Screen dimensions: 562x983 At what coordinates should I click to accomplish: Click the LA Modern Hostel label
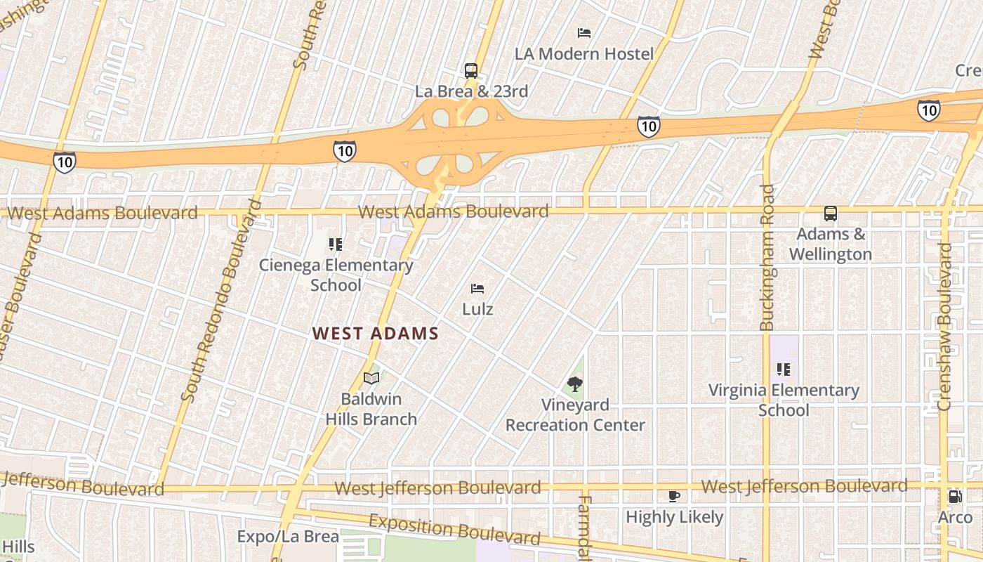pyautogui.click(x=584, y=53)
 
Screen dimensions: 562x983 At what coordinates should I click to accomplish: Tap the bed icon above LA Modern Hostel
pyautogui.click(x=584, y=32)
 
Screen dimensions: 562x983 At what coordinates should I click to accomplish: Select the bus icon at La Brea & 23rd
pyautogui.click(x=471, y=70)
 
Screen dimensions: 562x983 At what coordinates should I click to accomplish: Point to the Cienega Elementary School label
pyautogui.click(x=336, y=275)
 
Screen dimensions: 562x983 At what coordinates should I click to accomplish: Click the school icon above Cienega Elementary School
pyautogui.click(x=336, y=244)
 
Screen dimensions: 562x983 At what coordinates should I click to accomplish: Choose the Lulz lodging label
pyautogui.click(x=477, y=309)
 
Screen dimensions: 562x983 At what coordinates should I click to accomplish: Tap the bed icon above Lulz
pyautogui.click(x=477, y=288)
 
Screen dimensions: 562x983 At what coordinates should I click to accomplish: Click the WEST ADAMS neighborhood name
pyautogui.click(x=376, y=334)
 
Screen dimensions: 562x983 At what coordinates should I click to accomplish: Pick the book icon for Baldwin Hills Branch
pyautogui.click(x=371, y=378)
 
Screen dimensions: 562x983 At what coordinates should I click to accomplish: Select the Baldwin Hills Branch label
pyautogui.click(x=371, y=409)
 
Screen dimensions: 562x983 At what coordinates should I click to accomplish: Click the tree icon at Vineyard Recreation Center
pyautogui.click(x=575, y=384)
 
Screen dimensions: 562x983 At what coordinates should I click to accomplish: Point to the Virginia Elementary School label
pyautogui.click(x=784, y=400)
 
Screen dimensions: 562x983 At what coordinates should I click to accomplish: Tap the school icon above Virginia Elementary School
pyautogui.click(x=784, y=369)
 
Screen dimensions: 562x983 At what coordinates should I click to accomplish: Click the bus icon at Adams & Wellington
pyautogui.click(x=831, y=214)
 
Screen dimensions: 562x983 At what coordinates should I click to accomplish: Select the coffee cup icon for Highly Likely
pyautogui.click(x=674, y=496)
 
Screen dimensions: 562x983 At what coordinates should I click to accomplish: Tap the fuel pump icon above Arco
pyautogui.click(x=956, y=496)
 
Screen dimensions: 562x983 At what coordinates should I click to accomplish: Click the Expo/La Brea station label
pyautogui.click(x=288, y=537)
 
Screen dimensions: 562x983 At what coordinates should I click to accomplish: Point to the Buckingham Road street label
pyautogui.click(x=767, y=257)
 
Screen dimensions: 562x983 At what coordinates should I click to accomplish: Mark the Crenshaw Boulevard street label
pyautogui.click(x=945, y=327)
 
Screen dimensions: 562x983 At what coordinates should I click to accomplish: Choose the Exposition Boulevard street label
pyautogui.click(x=455, y=530)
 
